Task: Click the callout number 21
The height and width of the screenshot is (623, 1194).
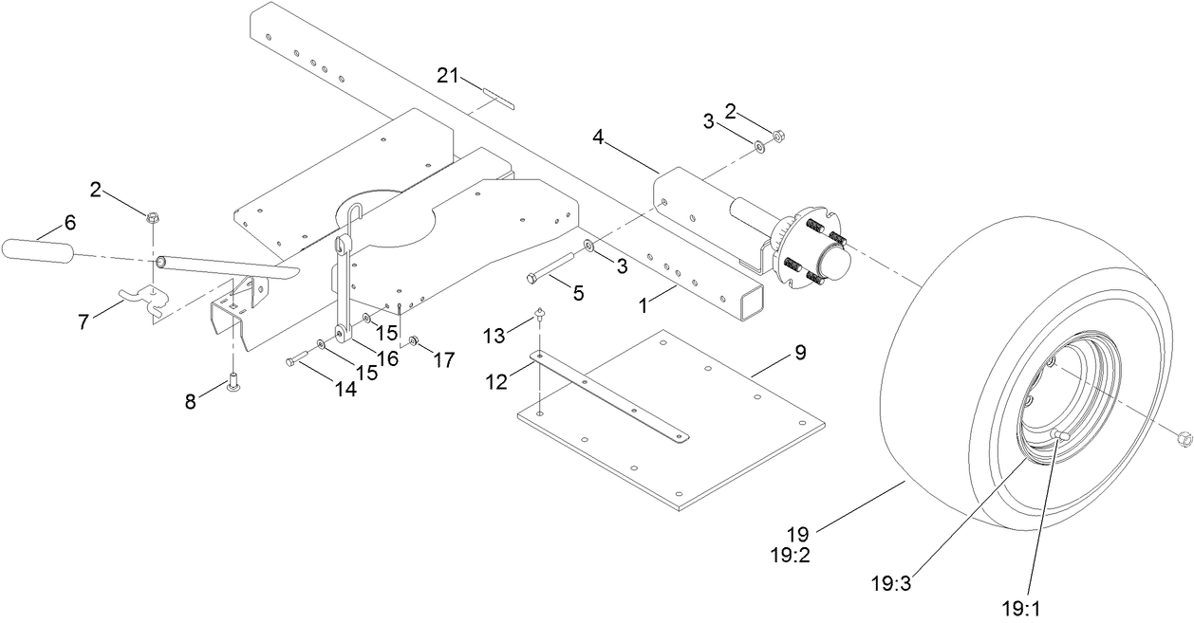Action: [x=449, y=76]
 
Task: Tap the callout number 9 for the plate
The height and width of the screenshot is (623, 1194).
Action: [x=799, y=353]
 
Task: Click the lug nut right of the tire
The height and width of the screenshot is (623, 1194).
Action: [x=1182, y=438]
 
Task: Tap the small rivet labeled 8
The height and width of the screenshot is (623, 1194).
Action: [x=233, y=382]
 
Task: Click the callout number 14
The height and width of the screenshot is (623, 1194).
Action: [x=345, y=388]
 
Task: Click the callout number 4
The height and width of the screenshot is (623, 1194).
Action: [x=598, y=137]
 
